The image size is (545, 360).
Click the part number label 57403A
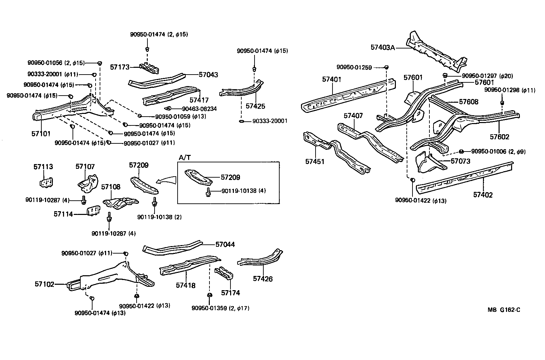(x=383, y=47)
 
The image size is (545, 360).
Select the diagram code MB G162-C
(x=504, y=310)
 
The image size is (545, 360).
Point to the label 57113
(x=43, y=167)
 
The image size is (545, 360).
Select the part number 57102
(x=44, y=284)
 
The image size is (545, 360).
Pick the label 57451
(x=315, y=162)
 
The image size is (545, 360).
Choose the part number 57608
(x=468, y=102)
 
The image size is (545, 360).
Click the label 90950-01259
(x=354, y=67)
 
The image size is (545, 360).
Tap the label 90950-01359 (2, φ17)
(x=220, y=308)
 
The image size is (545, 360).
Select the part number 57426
(x=263, y=279)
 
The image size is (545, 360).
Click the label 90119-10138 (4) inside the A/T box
(x=243, y=191)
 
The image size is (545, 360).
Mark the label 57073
(x=460, y=161)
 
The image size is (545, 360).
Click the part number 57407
(x=353, y=116)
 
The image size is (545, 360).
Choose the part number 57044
(x=225, y=244)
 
